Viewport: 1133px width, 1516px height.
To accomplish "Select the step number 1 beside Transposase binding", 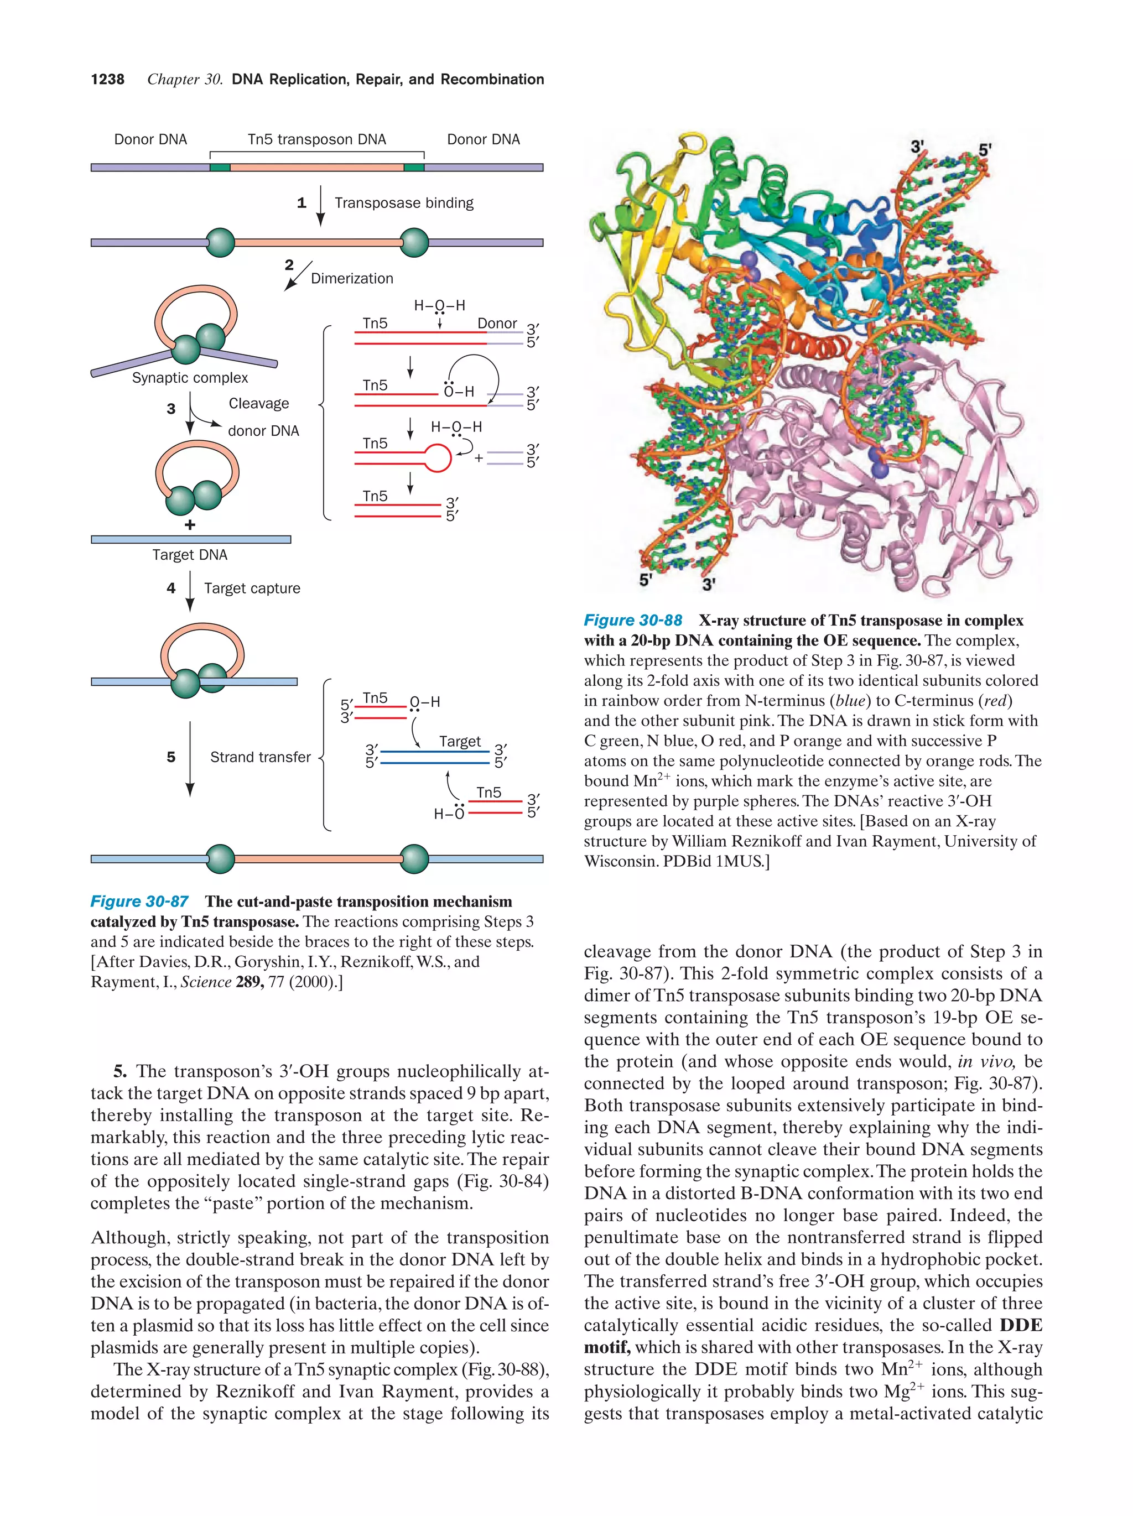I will (x=301, y=203).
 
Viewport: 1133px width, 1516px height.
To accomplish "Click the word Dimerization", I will (x=352, y=278).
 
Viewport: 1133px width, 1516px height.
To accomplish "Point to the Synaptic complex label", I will (x=190, y=378).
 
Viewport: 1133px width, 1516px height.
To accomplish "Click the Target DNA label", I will (x=190, y=554).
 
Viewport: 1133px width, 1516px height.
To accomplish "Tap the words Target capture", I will (x=252, y=588).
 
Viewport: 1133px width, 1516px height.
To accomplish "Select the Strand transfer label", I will (x=260, y=757).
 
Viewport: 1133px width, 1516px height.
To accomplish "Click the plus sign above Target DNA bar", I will (x=190, y=525).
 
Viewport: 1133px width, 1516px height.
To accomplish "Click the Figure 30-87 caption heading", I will (x=139, y=901).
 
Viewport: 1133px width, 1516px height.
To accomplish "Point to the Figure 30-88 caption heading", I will (x=633, y=620).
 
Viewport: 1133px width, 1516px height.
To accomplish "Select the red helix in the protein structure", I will (x=815, y=345).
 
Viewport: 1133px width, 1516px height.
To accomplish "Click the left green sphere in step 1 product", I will (x=220, y=243).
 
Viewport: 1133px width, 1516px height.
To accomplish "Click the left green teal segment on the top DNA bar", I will (x=220, y=167).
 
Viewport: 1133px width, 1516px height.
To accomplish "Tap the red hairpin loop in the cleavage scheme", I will (x=439, y=458).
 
